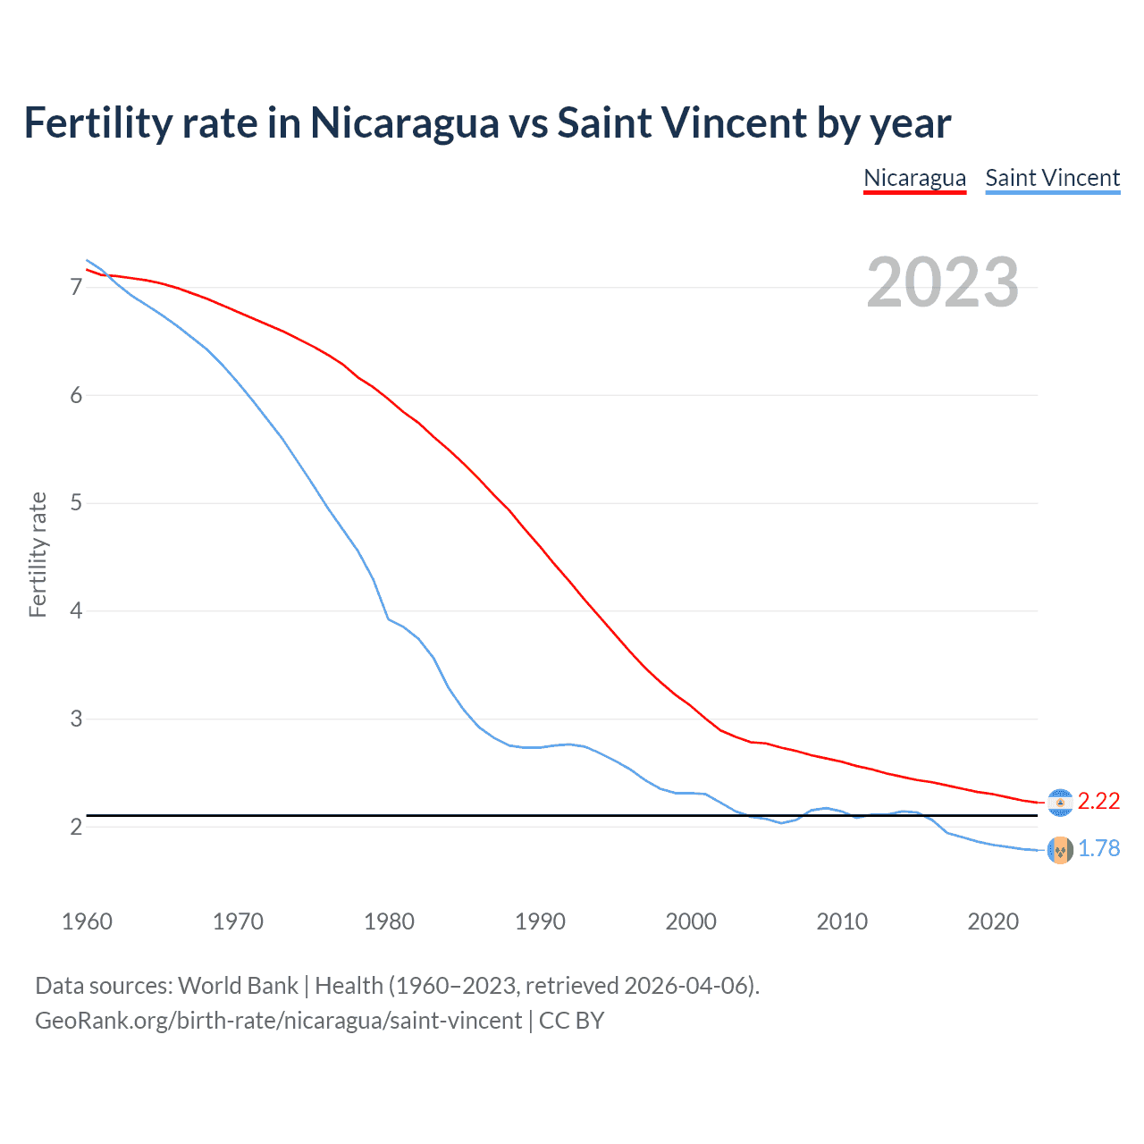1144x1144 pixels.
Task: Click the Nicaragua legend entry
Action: [914, 178]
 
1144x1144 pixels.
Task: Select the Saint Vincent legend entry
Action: [1052, 178]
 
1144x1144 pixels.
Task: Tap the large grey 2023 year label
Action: [942, 282]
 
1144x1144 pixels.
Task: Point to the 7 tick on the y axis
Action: [76, 287]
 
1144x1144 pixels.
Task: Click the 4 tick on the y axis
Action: [76, 611]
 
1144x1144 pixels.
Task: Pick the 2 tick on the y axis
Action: [76, 827]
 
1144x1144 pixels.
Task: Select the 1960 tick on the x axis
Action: [87, 921]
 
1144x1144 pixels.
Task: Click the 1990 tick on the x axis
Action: [540, 921]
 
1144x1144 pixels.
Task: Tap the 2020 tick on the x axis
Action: [993, 921]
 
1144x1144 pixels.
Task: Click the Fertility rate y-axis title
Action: [38, 554]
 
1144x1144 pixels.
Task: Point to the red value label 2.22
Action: [1098, 802]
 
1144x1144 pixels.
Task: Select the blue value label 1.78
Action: [1098, 849]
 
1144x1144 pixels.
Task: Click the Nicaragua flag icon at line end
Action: [1060, 803]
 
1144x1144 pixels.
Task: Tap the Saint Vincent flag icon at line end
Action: [1060, 850]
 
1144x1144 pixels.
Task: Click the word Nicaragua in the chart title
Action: [404, 123]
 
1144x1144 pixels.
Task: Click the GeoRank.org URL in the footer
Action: [278, 1021]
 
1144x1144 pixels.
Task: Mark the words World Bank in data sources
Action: [238, 986]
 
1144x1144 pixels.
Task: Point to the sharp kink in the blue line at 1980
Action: [388, 618]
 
